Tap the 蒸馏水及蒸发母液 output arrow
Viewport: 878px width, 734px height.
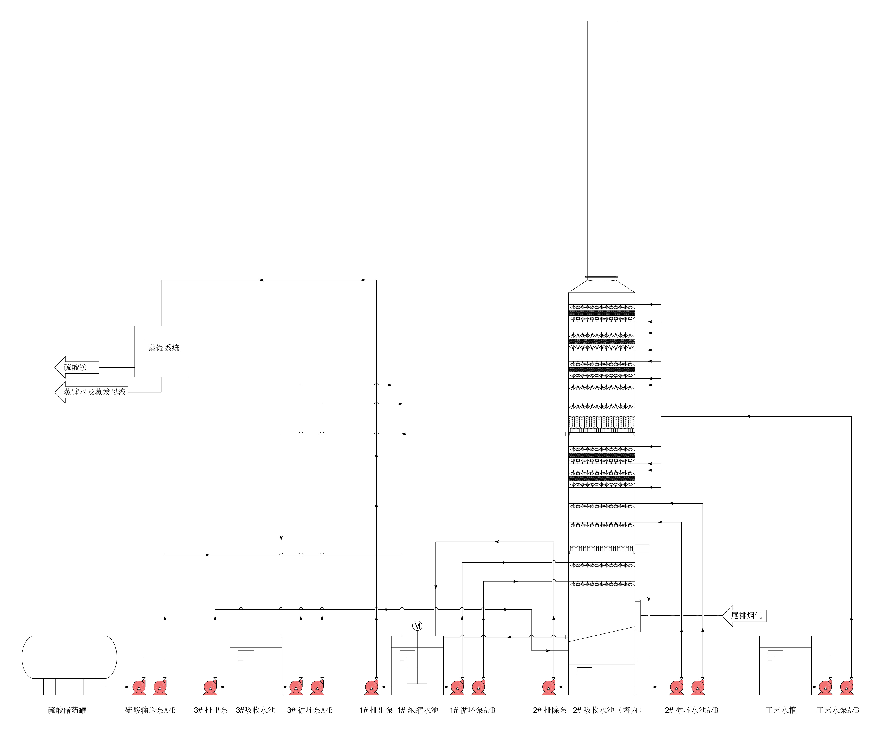92,392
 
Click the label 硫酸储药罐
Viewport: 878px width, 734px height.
67,710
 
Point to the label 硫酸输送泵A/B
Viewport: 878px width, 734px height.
151,710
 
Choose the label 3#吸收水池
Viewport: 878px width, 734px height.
255,710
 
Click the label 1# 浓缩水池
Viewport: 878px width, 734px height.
417,710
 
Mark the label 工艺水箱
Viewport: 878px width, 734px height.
781,710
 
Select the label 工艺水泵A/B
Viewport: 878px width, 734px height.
837,710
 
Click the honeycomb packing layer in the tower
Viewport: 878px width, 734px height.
601,422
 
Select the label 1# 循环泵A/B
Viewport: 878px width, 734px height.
472,710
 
